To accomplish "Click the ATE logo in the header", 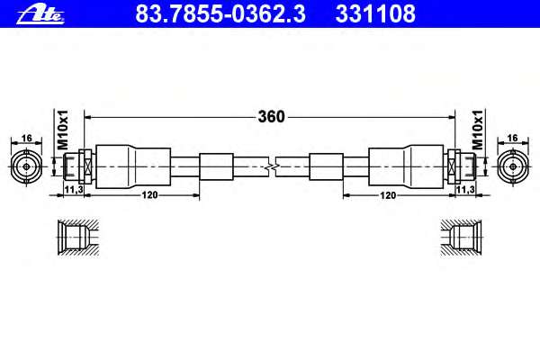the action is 40,14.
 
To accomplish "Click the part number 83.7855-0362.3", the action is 220,13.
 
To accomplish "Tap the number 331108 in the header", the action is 375,13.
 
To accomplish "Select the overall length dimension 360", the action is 272,117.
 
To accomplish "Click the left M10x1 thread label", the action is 63,130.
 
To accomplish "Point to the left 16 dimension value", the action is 26,138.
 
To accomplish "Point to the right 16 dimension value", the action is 513,138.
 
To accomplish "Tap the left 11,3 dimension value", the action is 74,189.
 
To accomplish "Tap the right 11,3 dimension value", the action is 465,189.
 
